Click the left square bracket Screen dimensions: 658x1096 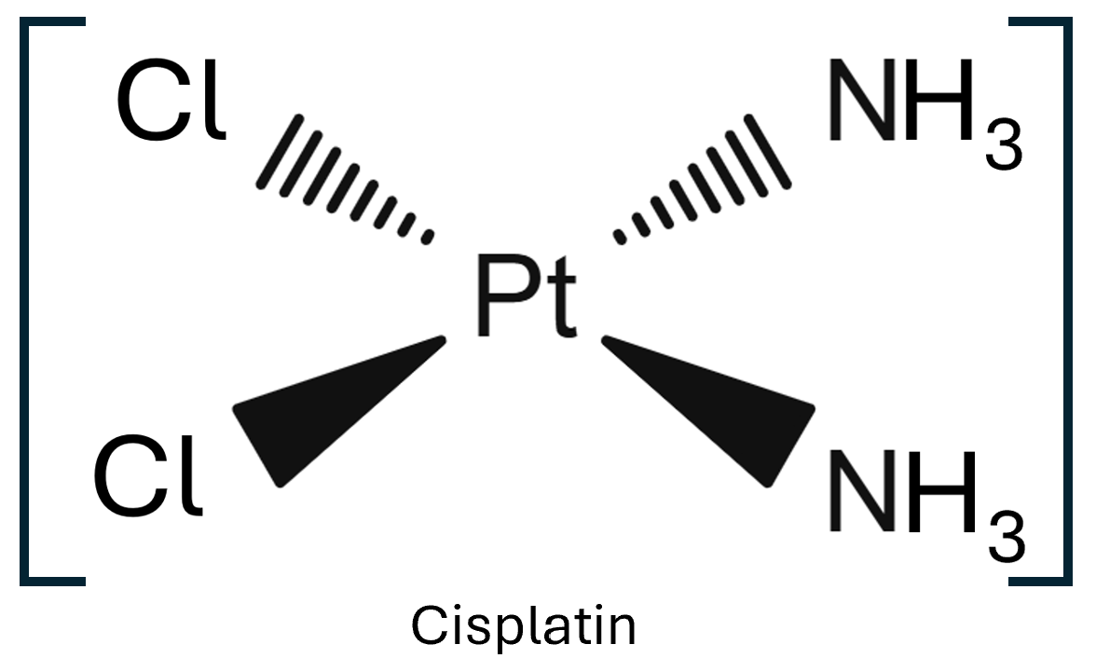point(28,301)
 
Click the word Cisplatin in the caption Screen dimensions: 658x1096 point(524,625)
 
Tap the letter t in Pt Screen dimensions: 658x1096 point(558,300)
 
